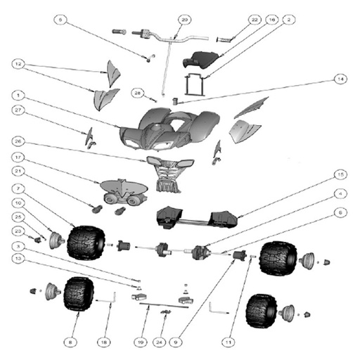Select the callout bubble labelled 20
(185, 19)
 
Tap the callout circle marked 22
(254, 19)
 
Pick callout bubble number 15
(340, 173)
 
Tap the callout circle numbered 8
(69, 342)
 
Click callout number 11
(227, 342)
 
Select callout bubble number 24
(162, 342)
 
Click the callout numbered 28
(139, 92)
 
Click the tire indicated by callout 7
(89, 241)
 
